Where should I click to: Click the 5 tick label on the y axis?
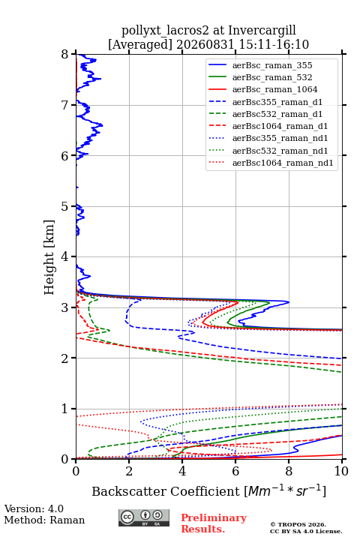point(65,207)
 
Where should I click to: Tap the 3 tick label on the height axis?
point(65,308)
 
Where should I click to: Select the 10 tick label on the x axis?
point(341,471)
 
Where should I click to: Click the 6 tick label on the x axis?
point(235,471)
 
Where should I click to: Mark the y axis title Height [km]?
point(49,257)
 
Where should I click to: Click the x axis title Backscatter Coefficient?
point(166,491)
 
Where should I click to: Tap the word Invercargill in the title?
point(262,31)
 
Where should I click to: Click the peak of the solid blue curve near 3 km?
point(289,302)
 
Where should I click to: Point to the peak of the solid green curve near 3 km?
point(269,302)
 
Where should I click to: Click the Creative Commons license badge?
point(144,517)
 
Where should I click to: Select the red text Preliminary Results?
point(214,523)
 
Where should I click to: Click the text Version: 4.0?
point(34,508)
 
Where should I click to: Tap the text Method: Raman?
point(44,520)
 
